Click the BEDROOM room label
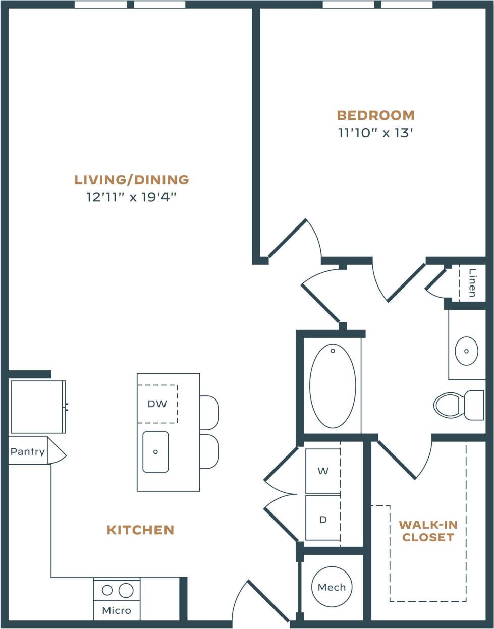(x=375, y=115)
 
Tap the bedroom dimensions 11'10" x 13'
(x=375, y=133)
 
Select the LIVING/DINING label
(x=132, y=179)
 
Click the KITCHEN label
(x=140, y=530)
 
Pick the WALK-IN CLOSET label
(x=428, y=531)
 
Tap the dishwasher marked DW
(x=157, y=404)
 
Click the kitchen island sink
(x=155, y=452)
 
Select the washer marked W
(x=323, y=471)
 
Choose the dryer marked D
(x=323, y=519)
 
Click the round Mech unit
(x=332, y=587)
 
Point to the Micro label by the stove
(x=117, y=610)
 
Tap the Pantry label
(x=28, y=451)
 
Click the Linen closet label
(x=472, y=282)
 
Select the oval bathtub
(x=333, y=386)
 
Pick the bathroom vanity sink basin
(x=466, y=351)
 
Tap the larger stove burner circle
(x=126, y=590)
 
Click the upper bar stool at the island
(x=209, y=412)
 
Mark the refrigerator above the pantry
(x=38, y=407)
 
